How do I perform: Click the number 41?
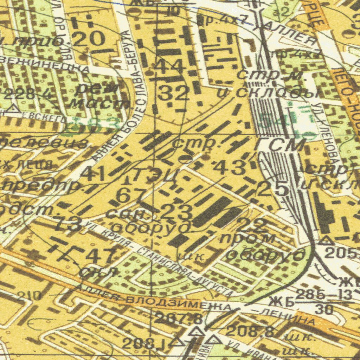pyautogui.click(x=93, y=173)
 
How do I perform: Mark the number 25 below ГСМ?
pyautogui.click(x=273, y=189)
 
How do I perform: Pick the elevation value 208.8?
pyautogui.click(x=250, y=331)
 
